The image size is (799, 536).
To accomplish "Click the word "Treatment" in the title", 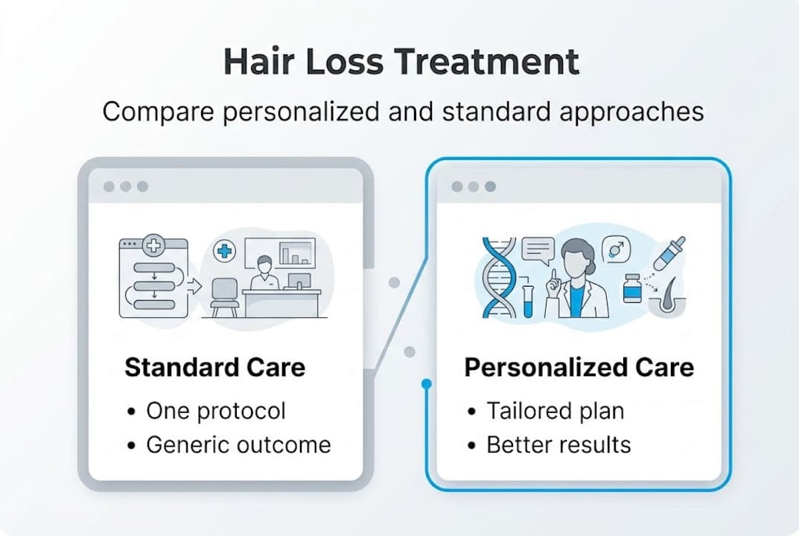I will click(491, 62).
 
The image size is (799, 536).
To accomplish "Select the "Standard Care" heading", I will click(214, 367).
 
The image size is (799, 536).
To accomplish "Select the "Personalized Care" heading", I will click(579, 367).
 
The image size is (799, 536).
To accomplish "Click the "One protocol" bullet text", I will click(215, 410).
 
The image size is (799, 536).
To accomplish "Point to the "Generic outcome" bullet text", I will click(238, 445).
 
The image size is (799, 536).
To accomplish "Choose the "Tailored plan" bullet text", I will click(555, 410).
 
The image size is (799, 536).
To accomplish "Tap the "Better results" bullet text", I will click(558, 445).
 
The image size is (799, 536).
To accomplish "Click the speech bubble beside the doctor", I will click(539, 251).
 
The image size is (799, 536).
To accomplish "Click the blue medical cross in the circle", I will click(223, 251).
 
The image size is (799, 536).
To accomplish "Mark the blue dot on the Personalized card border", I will click(426, 385).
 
